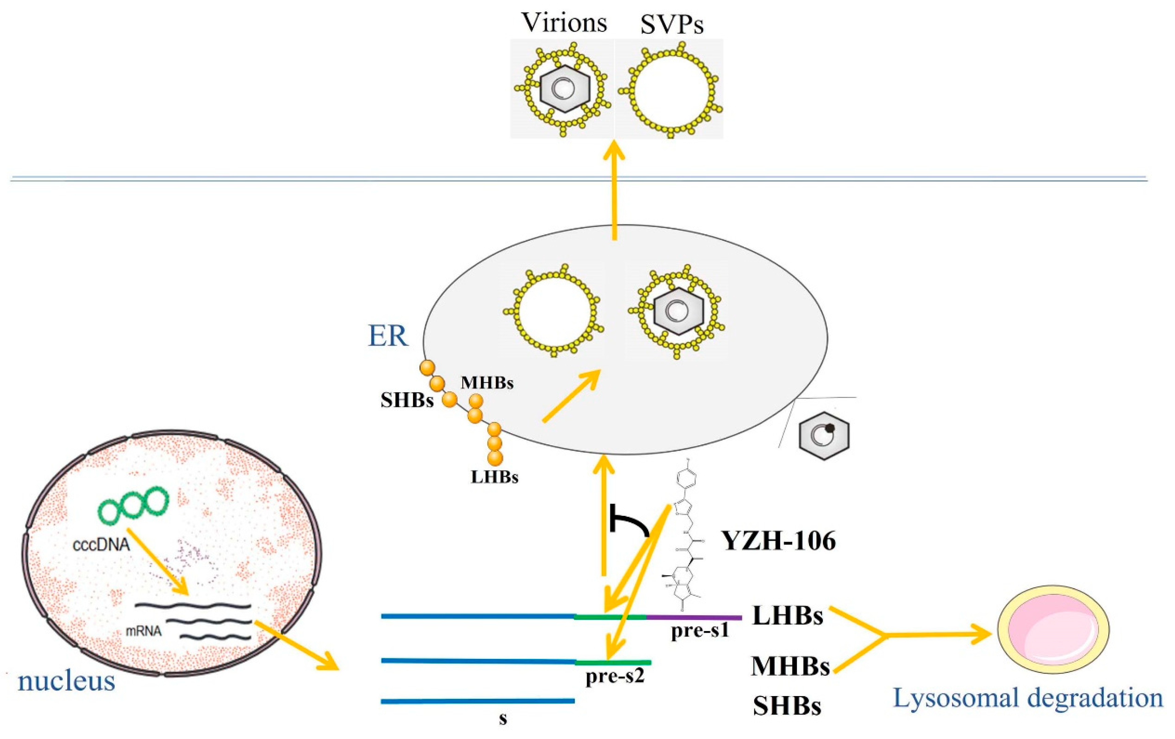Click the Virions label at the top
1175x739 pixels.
tap(564, 22)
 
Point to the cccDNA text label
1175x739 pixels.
tap(102, 543)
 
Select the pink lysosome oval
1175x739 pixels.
tap(1053, 630)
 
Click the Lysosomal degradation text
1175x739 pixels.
tap(1028, 697)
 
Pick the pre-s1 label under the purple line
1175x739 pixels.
tap(700, 631)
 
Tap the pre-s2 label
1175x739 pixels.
tap(615, 677)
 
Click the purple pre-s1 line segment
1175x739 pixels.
tap(694, 618)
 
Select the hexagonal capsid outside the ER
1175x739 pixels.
tap(824, 435)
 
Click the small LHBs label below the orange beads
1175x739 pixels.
tap(494, 477)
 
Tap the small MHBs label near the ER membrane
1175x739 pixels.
tap(487, 383)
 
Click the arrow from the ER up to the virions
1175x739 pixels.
tap(614, 190)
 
